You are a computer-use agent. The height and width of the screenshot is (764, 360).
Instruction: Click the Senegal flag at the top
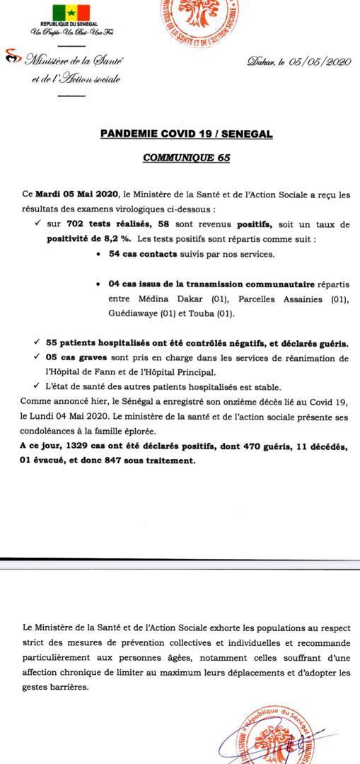point(71,13)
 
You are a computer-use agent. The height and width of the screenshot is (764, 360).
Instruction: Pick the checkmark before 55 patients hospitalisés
point(35,343)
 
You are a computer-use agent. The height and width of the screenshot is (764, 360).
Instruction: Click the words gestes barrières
point(56,687)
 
